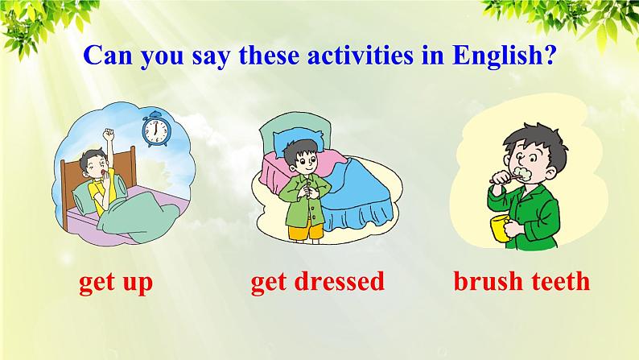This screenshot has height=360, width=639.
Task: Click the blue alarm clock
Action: click(155, 129)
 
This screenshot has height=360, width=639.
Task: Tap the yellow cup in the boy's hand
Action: click(501, 228)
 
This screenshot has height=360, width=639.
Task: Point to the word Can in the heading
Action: click(108, 55)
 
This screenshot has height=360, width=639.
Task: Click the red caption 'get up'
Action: click(116, 283)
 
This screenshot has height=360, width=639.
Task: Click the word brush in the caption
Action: click(488, 281)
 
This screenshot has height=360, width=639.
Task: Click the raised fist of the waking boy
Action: click(109, 133)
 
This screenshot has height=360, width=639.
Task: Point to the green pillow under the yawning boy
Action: click(87, 197)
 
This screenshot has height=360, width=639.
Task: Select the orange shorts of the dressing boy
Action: click(306, 232)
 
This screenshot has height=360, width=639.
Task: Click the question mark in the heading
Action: click(550, 55)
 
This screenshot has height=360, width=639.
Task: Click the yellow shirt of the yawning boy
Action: click(103, 196)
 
